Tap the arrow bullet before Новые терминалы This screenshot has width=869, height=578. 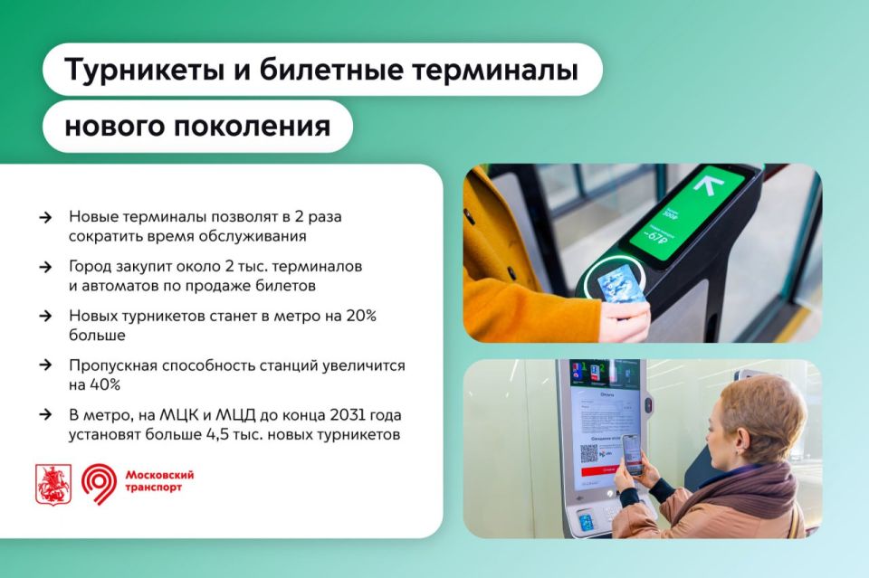45,217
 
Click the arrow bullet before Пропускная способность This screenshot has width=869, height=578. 45,365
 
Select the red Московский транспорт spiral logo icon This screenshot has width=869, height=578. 98,484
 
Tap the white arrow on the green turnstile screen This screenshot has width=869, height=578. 707,186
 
